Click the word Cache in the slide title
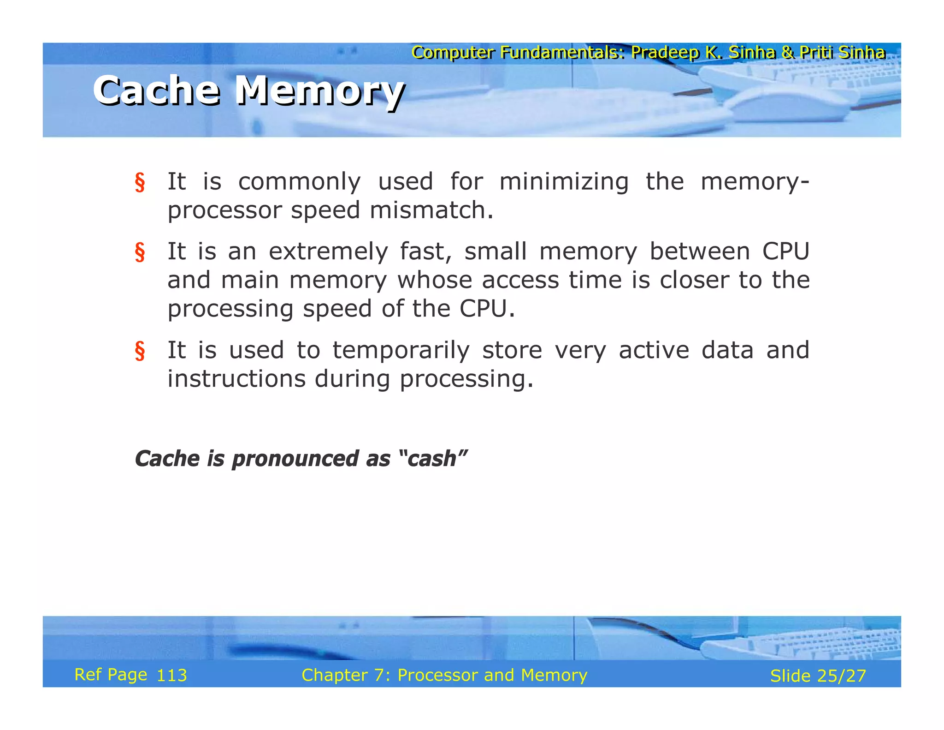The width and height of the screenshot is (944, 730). tap(156, 90)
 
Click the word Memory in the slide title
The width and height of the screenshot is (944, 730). tap(319, 91)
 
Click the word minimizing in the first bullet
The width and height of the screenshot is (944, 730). tap(564, 181)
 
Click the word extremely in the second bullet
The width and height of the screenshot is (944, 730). tap(328, 251)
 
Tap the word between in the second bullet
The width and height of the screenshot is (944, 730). tap(699, 251)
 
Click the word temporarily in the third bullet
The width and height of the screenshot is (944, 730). tap(401, 350)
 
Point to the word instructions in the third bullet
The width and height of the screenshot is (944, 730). tap(236, 379)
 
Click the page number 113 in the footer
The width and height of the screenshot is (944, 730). tap(171, 676)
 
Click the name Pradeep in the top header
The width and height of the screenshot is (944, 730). tap(665, 53)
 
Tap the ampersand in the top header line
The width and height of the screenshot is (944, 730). tap(787, 53)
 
